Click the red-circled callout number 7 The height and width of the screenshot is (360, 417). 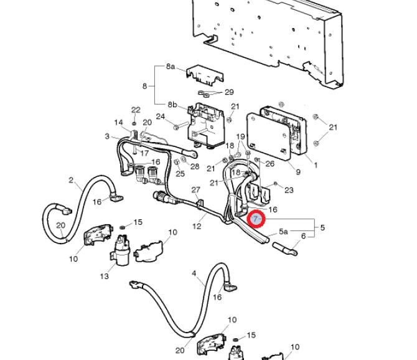256,219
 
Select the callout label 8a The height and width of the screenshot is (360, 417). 171,66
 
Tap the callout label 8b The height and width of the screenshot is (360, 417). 172,105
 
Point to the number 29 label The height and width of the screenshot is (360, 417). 229,92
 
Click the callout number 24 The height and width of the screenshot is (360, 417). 161,116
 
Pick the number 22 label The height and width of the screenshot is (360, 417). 136,110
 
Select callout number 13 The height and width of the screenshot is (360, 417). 105,276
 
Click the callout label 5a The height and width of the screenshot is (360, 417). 283,232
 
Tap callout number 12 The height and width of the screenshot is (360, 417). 197,227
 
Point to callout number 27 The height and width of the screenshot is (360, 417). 195,190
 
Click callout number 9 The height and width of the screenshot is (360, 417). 298,172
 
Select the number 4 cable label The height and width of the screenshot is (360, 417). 194,273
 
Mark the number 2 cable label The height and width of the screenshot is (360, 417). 71,180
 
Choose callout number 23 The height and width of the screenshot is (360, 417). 289,190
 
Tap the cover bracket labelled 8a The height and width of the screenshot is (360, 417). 205,75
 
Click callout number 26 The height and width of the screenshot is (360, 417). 269,163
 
